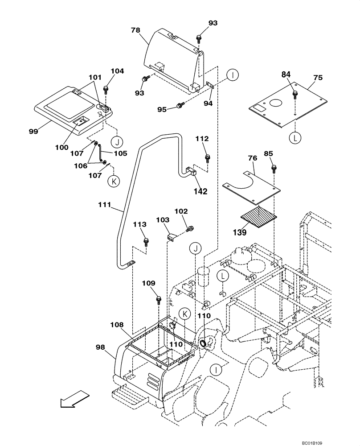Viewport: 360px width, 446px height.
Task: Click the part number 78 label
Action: (135, 30)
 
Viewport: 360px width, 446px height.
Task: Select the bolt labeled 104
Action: (106, 89)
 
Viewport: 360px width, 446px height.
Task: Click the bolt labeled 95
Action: (180, 106)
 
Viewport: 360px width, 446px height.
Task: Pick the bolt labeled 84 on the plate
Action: (295, 95)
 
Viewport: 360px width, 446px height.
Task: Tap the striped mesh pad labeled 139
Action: (259, 215)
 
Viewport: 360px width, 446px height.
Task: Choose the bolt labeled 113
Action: (146, 242)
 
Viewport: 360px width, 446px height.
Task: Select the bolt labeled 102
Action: (191, 229)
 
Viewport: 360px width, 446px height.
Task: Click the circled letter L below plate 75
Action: (295, 139)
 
